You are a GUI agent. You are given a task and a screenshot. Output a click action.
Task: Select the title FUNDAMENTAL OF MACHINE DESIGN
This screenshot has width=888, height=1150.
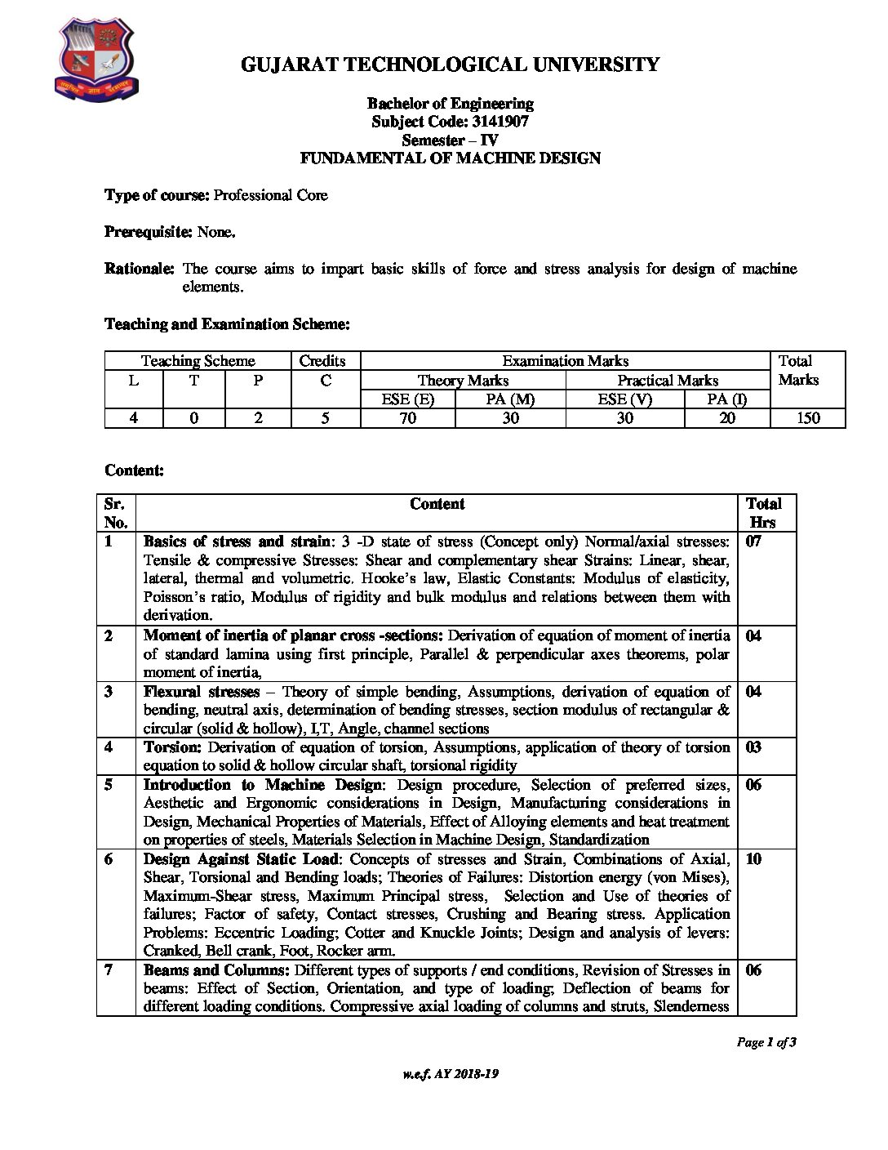click(x=450, y=158)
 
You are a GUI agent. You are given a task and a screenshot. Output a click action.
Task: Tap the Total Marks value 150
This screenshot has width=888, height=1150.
click(x=808, y=418)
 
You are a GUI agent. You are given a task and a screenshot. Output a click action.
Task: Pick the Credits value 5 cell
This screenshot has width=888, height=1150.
click(x=325, y=418)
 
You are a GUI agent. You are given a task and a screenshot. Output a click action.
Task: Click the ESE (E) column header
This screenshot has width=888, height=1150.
click(x=407, y=399)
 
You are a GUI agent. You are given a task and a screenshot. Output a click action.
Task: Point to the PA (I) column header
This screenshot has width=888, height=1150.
click(x=726, y=399)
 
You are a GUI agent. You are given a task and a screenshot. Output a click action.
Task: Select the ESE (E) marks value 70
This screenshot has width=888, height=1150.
click(x=407, y=418)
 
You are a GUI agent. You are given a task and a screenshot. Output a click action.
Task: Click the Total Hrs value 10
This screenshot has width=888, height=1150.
click(x=753, y=859)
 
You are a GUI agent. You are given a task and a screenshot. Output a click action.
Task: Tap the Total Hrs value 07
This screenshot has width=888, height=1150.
click(x=753, y=541)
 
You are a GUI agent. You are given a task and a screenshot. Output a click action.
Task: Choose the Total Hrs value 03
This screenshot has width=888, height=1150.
click(x=753, y=747)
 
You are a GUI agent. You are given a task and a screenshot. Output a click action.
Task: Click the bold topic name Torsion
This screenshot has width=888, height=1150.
click(x=172, y=747)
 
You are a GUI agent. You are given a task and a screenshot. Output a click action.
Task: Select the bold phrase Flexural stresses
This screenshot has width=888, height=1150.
click(x=201, y=692)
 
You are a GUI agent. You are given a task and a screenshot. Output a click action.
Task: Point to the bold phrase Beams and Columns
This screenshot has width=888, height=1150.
click(x=216, y=970)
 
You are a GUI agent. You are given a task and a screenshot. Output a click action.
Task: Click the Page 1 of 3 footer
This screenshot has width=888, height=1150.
click(x=766, y=1042)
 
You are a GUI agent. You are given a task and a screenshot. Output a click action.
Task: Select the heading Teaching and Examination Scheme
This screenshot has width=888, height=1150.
click(x=227, y=324)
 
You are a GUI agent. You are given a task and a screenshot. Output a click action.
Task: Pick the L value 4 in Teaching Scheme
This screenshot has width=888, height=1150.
click(x=134, y=418)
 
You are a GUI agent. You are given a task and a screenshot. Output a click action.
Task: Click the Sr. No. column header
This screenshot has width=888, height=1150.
click(x=115, y=513)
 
